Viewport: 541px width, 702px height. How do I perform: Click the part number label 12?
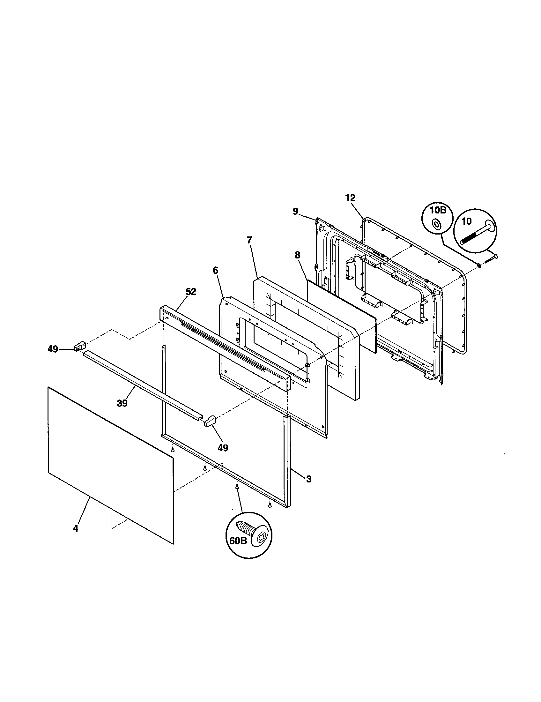click(x=351, y=198)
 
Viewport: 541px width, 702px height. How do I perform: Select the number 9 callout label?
click(x=295, y=211)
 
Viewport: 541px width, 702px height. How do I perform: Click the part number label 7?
click(x=250, y=240)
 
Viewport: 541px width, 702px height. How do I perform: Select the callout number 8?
click(x=297, y=255)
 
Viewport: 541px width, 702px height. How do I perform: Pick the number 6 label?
click(x=215, y=270)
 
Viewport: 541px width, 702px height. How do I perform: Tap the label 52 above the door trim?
click(x=191, y=292)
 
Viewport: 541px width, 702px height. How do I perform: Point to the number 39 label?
click(x=122, y=403)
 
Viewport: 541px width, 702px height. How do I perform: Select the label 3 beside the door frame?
click(x=308, y=488)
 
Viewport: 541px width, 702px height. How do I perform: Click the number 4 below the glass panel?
click(x=76, y=528)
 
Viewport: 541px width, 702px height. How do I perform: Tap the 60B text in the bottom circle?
click(x=238, y=541)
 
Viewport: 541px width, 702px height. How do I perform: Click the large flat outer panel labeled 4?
click(x=111, y=463)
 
